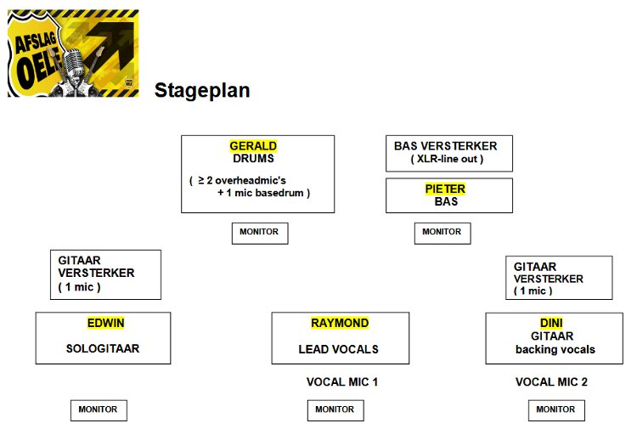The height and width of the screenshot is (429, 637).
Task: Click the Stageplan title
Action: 202,91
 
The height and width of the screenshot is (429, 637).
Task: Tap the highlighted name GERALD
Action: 253,146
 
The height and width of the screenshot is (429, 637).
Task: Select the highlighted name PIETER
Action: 445,189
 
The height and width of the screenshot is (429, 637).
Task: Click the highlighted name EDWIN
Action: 105,323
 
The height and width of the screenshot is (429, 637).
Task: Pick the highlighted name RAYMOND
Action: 340,323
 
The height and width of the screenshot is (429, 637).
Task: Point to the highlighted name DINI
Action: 551,323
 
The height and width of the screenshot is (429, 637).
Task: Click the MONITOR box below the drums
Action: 260,232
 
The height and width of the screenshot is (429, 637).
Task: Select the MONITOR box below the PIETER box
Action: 442,232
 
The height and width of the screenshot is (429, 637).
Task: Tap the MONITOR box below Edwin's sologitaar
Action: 99,409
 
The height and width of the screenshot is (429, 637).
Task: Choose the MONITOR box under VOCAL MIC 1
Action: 335,409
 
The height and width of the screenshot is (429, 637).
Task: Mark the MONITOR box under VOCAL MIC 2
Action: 556,409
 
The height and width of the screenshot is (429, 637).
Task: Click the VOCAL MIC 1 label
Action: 341,382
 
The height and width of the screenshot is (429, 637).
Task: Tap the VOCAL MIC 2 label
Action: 551,382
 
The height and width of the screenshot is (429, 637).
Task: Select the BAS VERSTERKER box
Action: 448,152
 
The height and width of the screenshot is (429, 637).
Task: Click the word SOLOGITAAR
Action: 102,348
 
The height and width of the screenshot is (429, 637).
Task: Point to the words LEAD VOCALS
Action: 338,349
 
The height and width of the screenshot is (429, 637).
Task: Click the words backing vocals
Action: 555,349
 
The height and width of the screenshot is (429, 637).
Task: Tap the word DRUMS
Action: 253,158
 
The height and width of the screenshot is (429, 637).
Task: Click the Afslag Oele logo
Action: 73,53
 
